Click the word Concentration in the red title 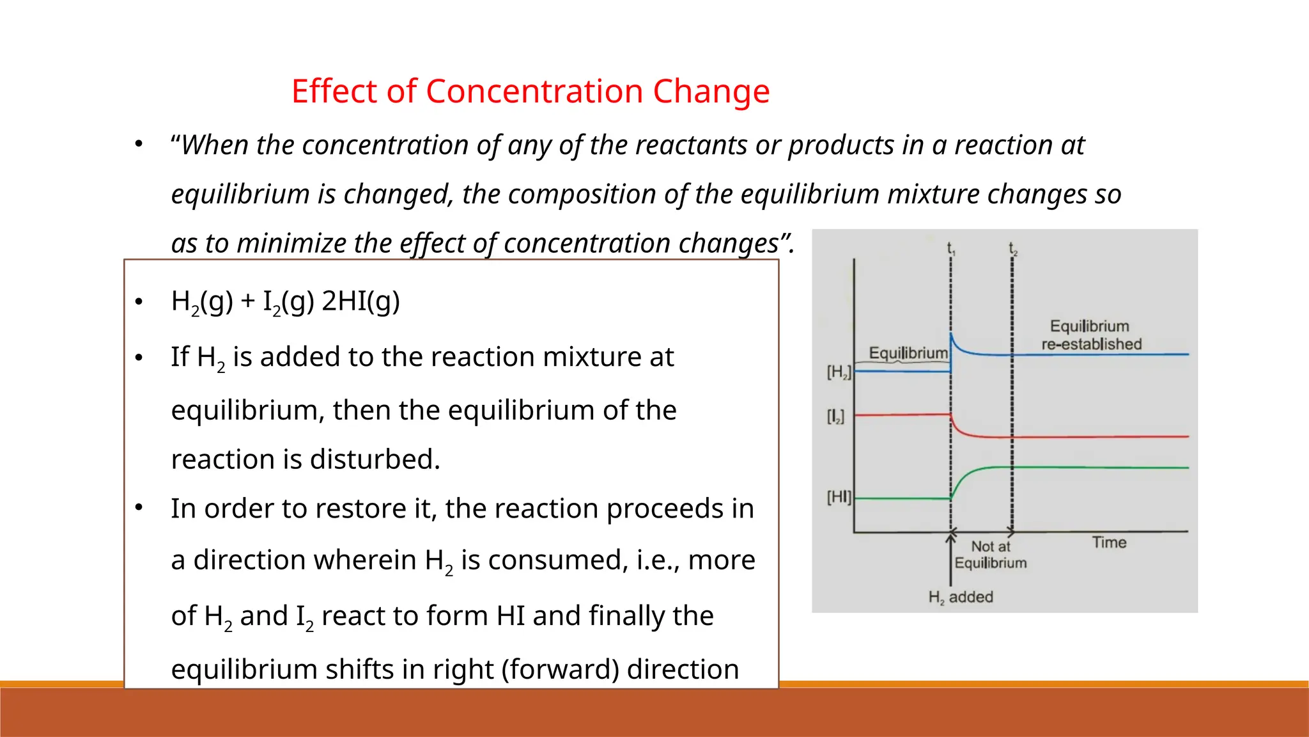[534, 91]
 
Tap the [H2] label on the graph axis [839, 372]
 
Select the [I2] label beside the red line [835, 417]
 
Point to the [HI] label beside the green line [839, 497]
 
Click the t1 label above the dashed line [950, 248]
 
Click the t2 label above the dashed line [1012, 248]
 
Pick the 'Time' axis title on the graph [1109, 543]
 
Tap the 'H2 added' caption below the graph [961, 598]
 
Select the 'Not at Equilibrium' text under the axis [991, 555]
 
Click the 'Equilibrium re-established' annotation [1090, 335]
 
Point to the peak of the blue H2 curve [952, 335]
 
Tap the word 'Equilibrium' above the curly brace [908, 353]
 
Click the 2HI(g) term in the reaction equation [360, 301]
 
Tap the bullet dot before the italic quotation [139, 144]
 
